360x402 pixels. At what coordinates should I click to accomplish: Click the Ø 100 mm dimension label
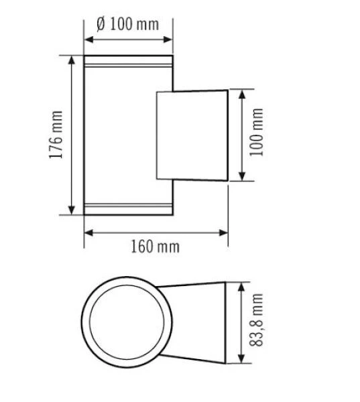point(128,25)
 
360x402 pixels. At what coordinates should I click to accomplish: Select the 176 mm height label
point(56,135)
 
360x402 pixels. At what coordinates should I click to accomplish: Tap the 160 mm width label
point(156,247)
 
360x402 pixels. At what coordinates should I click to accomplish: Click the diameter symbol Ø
point(101,25)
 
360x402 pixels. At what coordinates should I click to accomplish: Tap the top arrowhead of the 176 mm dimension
point(70,60)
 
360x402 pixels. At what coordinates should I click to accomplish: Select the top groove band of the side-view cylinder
point(128,66)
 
